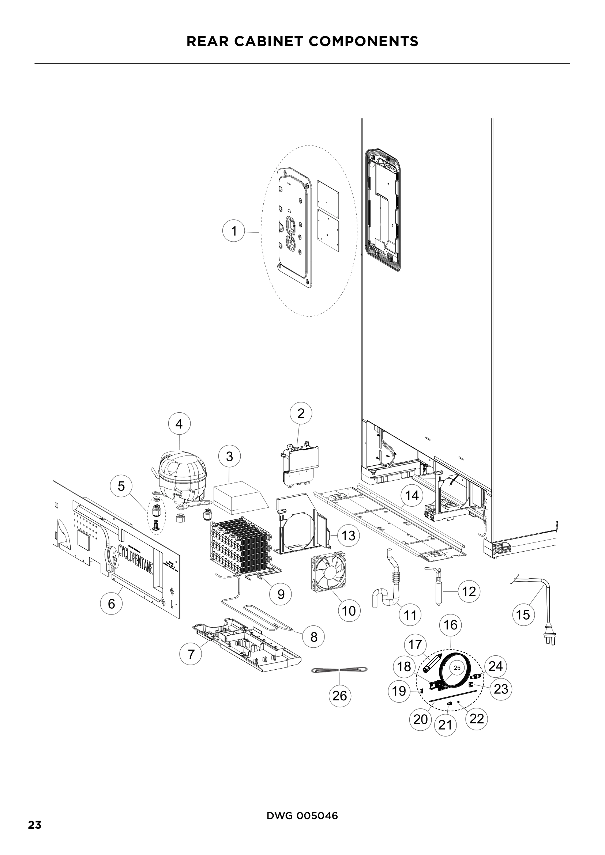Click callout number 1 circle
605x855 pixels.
pos(234,231)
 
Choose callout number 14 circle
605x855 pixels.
pos(412,496)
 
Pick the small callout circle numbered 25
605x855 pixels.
pos(458,668)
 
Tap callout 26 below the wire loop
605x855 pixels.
pos(339,695)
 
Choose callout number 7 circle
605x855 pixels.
pos(191,654)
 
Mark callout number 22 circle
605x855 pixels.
pos(477,718)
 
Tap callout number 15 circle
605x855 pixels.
pos(523,614)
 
